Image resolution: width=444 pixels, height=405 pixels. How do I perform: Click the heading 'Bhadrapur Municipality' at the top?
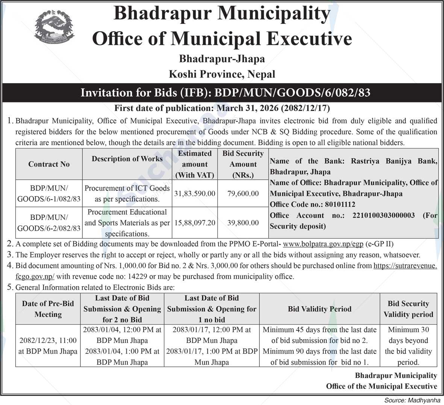(x=222, y=14)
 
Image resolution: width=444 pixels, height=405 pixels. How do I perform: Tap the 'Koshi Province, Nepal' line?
(x=222, y=74)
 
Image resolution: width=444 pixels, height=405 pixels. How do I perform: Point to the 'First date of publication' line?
(x=222, y=108)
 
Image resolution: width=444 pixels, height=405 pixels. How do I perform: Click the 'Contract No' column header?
(x=49, y=164)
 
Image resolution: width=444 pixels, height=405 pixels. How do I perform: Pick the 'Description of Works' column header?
(x=127, y=159)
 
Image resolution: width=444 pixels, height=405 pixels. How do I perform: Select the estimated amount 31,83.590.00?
(x=195, y=193)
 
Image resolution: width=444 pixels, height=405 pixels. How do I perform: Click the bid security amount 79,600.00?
(x=243, y=193)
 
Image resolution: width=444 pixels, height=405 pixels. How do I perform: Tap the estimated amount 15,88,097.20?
(x=195, y=223)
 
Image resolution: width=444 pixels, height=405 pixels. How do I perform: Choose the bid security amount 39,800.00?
(x=243, y=223)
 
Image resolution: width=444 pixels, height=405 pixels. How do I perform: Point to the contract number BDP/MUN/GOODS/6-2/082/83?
(x=49, y=223)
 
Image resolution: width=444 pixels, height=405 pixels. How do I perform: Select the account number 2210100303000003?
(x=383, y=215)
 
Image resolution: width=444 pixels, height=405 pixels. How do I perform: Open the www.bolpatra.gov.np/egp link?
(x=323, y=244)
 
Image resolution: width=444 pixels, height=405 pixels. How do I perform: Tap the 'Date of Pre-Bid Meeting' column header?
(x=48, y=309)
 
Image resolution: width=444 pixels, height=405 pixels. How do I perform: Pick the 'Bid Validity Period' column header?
(x=320, y=309)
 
